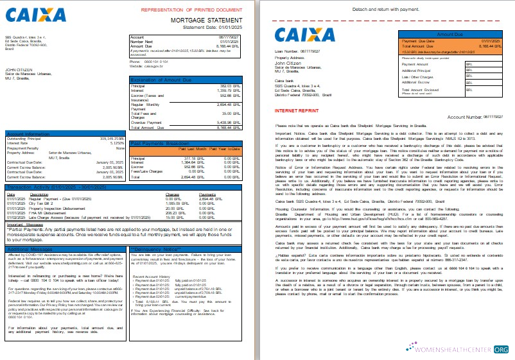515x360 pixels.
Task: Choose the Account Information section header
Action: tap(26, 133)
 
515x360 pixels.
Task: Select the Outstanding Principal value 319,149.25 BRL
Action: tap(109, 139)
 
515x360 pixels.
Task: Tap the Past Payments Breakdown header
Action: tap(157, 143)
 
